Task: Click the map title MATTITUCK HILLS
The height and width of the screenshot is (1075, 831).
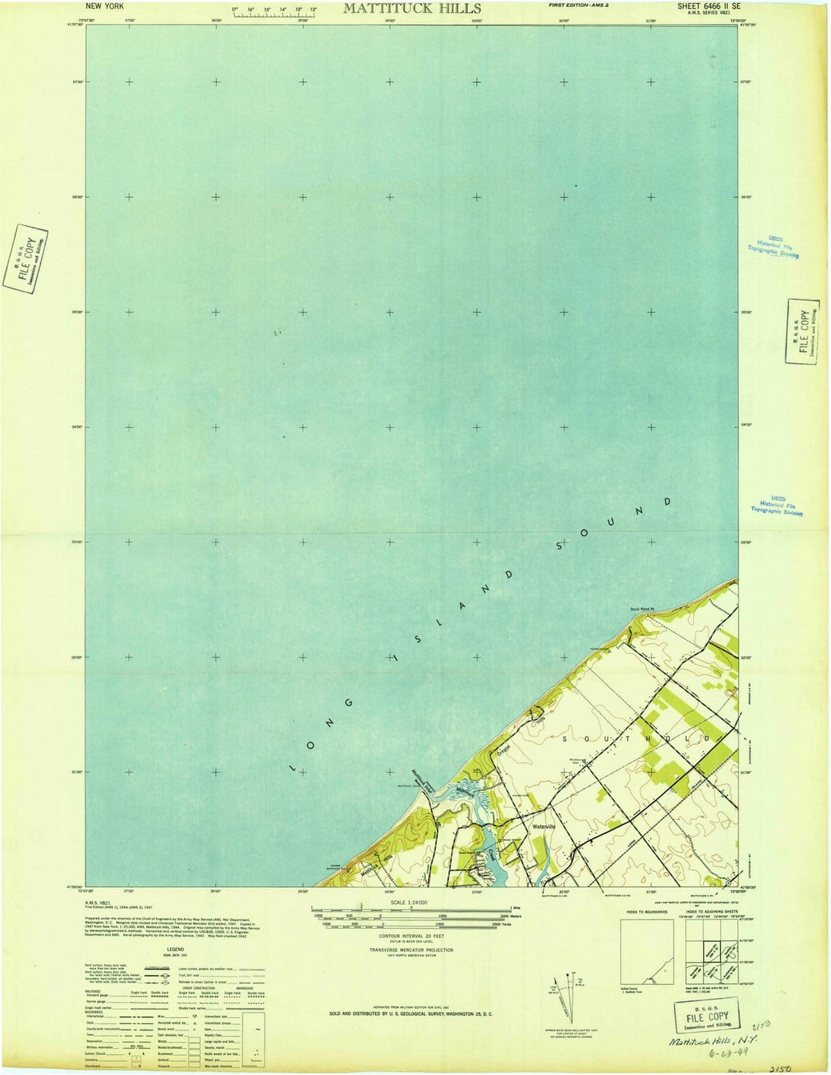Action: click(412, 8)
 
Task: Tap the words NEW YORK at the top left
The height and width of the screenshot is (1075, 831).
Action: click(105, 6)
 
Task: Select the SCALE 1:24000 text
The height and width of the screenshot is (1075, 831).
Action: click(409, 903)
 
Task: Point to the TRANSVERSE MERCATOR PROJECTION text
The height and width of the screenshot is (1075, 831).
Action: click(411, 950)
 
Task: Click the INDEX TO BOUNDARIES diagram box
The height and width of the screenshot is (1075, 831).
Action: click(646, 951)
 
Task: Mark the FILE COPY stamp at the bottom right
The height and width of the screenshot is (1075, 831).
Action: click(707, 1017)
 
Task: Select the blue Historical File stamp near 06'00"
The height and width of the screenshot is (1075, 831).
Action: click(773, 246)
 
